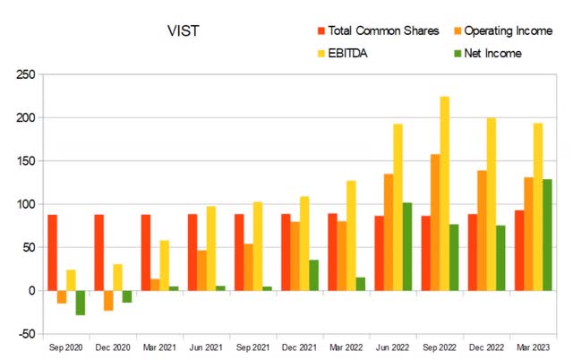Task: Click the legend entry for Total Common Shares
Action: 372,32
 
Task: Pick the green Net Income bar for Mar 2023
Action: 547,235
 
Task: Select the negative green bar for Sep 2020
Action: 81,303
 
